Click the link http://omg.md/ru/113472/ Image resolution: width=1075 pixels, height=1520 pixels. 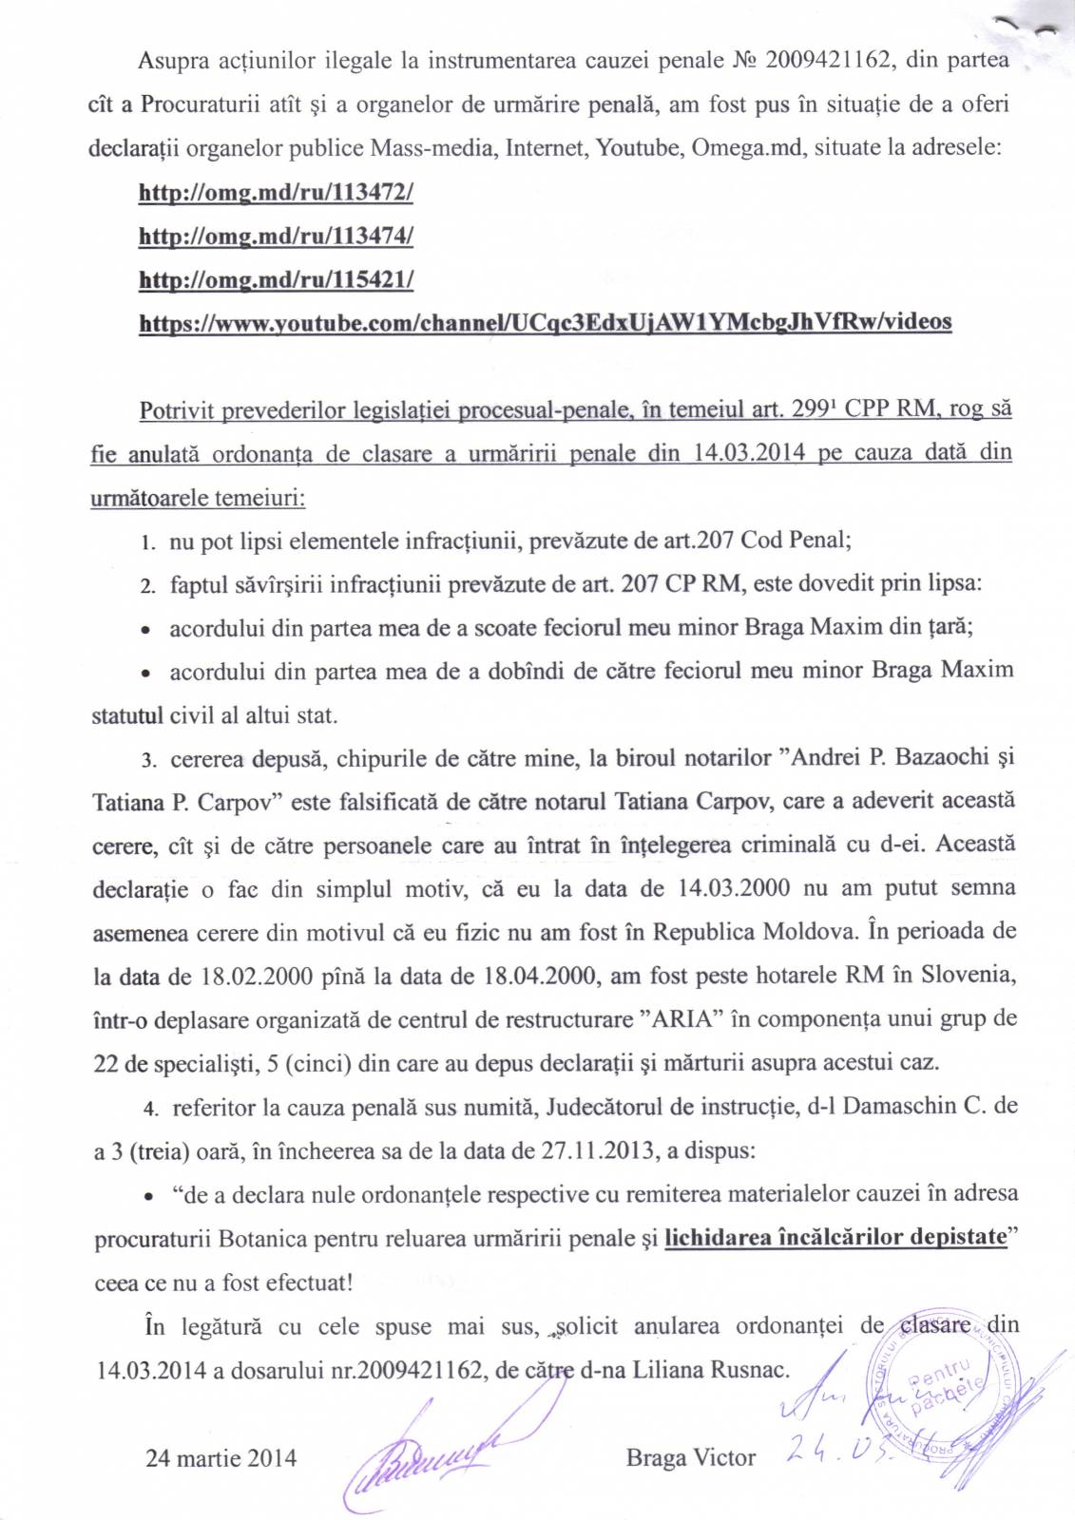pos(276,193)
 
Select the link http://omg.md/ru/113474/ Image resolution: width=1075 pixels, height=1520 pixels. pos(276,237)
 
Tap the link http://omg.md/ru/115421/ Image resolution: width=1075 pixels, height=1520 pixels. pos(276,280)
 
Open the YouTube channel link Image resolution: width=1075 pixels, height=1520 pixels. pos(545,323)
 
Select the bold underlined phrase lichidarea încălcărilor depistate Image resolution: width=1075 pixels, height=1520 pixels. pos(835,1238)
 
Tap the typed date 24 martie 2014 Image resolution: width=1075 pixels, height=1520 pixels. pos(221,1458)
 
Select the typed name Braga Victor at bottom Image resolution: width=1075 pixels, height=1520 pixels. pos(691,1458)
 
